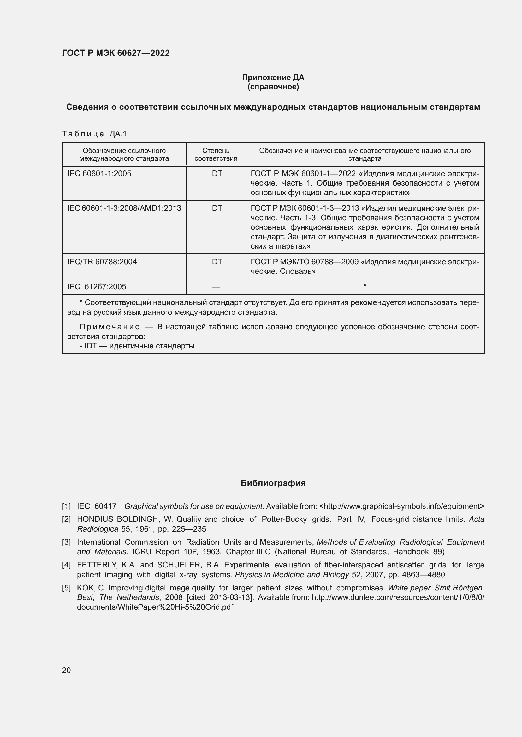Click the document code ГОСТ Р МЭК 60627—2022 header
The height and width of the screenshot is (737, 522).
pos(116,53)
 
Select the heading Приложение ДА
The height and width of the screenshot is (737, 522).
pos(273,78)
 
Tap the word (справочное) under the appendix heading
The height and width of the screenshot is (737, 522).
pos(273,87)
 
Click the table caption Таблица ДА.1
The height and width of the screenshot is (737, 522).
pos(94,134)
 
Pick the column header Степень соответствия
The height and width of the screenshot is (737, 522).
pos(216,154)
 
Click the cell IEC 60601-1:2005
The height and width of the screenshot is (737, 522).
pos(99,174)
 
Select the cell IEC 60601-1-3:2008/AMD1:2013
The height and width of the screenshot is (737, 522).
pos(124,208)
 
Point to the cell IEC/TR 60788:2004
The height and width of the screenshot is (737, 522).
pos(102,262)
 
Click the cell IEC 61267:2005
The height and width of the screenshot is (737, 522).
pos(97,287)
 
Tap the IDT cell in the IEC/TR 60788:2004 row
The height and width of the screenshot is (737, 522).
pos(216,262)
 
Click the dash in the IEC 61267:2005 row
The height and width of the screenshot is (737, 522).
pos(216,287)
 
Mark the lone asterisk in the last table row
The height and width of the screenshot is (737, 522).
pos(365,285)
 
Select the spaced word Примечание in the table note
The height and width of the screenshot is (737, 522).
pos(110,327)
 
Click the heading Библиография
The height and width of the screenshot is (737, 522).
pos(273,483)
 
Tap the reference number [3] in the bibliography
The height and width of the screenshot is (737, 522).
pos(66,542)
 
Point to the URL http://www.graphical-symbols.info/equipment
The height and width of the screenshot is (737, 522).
pos(402,506)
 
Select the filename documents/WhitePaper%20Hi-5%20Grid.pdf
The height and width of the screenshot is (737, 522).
pos(155,607)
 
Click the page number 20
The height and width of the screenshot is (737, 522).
pos(66,670)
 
